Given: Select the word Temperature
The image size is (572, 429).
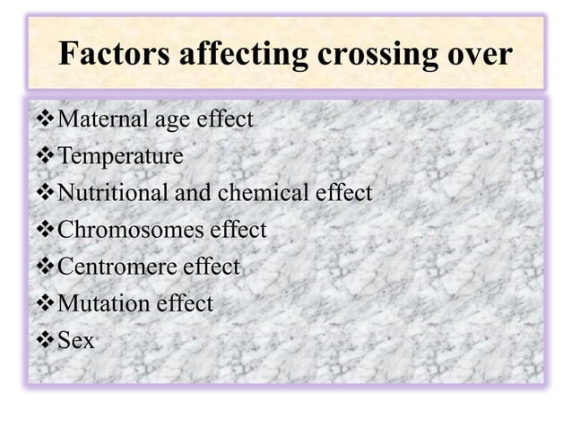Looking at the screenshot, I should (120, 157).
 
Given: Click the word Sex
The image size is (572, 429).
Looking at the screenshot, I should (76, 341).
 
